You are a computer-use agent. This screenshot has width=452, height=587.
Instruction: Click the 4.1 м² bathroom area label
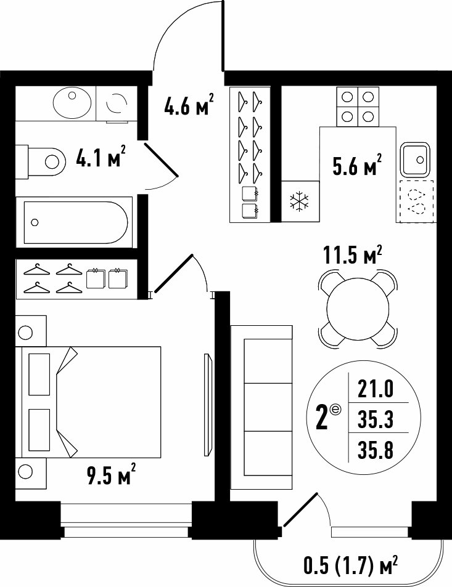100,156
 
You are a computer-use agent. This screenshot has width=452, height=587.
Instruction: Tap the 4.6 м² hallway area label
189,104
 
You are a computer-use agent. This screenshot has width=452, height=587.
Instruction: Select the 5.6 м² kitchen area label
357,164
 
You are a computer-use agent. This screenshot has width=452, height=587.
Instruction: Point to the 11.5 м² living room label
352,256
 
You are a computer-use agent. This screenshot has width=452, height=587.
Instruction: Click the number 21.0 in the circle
376,388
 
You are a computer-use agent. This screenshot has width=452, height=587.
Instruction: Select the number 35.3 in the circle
376,419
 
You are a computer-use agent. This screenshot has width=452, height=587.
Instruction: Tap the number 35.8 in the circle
376,450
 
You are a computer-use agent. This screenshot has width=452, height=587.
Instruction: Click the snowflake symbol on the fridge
300,201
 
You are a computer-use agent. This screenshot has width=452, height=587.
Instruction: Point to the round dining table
358,309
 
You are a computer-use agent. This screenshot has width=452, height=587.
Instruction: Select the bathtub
74,222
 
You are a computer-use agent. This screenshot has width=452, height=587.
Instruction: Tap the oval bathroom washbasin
72,102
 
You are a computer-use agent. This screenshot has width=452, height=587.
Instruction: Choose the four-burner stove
358,107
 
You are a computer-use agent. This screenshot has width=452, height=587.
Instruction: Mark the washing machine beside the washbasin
116,103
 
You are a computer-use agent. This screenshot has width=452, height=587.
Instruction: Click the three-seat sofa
261,407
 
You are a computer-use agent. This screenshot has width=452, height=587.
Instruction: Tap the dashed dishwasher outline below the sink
416,202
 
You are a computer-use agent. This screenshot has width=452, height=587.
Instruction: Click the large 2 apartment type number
323,419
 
